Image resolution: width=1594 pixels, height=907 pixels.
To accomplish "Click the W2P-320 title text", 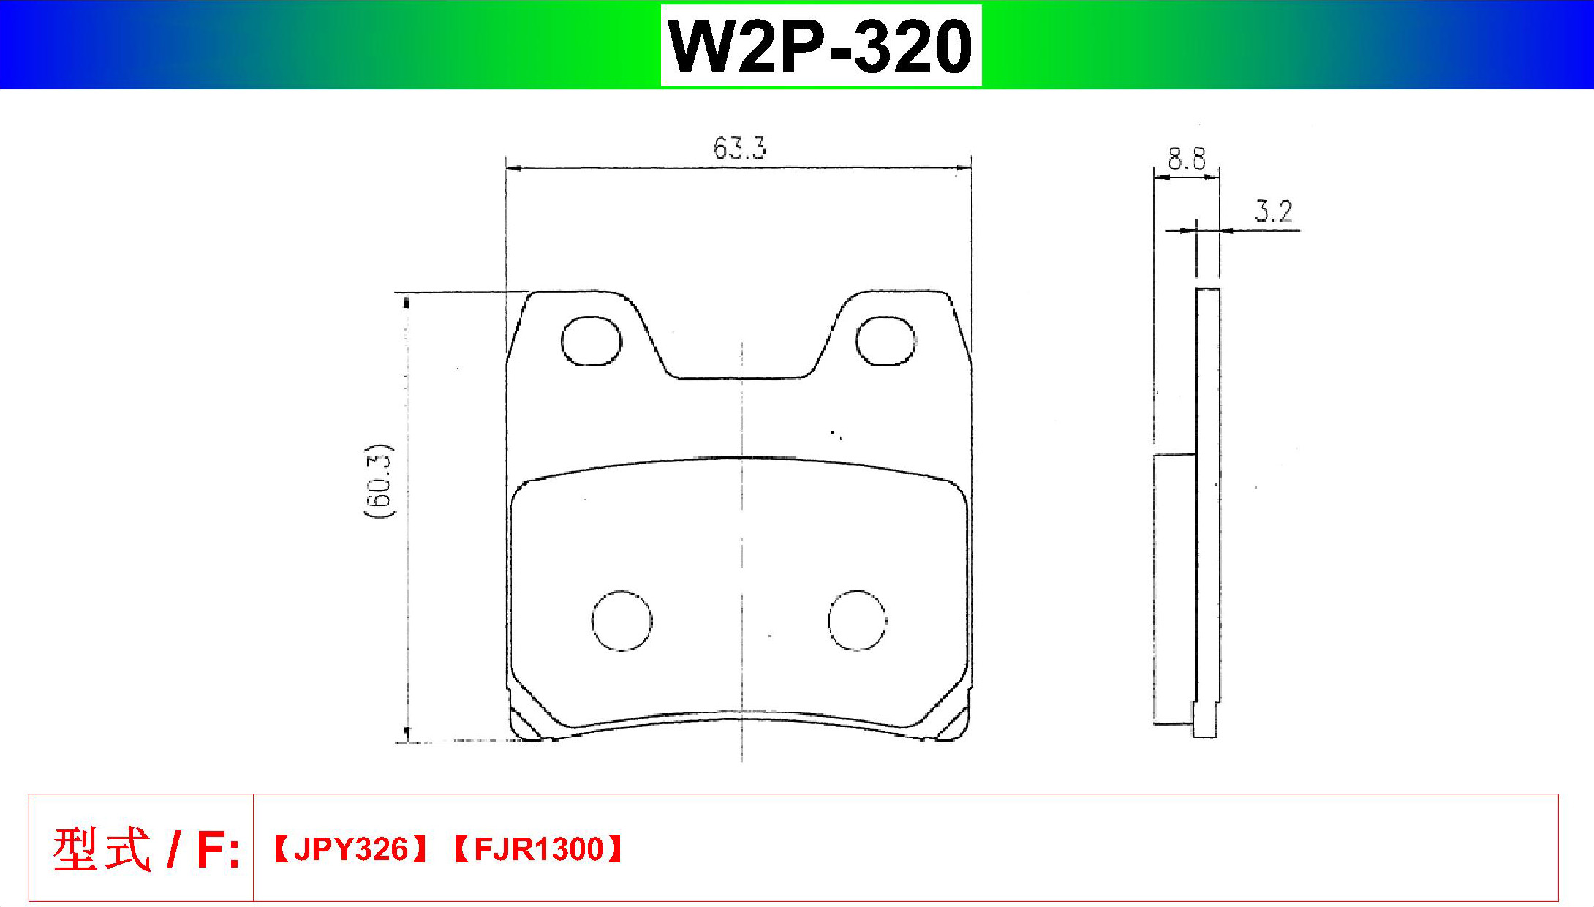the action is point(820,46).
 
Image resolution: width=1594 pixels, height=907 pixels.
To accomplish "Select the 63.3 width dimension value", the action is point(739,148).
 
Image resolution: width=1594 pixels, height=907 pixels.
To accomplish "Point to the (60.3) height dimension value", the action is point(379,481).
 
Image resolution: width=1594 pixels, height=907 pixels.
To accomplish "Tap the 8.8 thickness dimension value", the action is point(1186,159).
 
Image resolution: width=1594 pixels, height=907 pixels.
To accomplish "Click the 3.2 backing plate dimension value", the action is point(1273,211).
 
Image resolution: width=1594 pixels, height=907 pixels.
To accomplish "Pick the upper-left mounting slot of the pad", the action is point(592,341).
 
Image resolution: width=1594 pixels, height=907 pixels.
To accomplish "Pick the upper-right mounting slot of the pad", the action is point(885,341).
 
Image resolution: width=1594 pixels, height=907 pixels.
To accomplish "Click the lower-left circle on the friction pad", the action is point(622,620).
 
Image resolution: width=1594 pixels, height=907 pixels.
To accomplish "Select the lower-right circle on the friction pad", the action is point(857,620).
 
